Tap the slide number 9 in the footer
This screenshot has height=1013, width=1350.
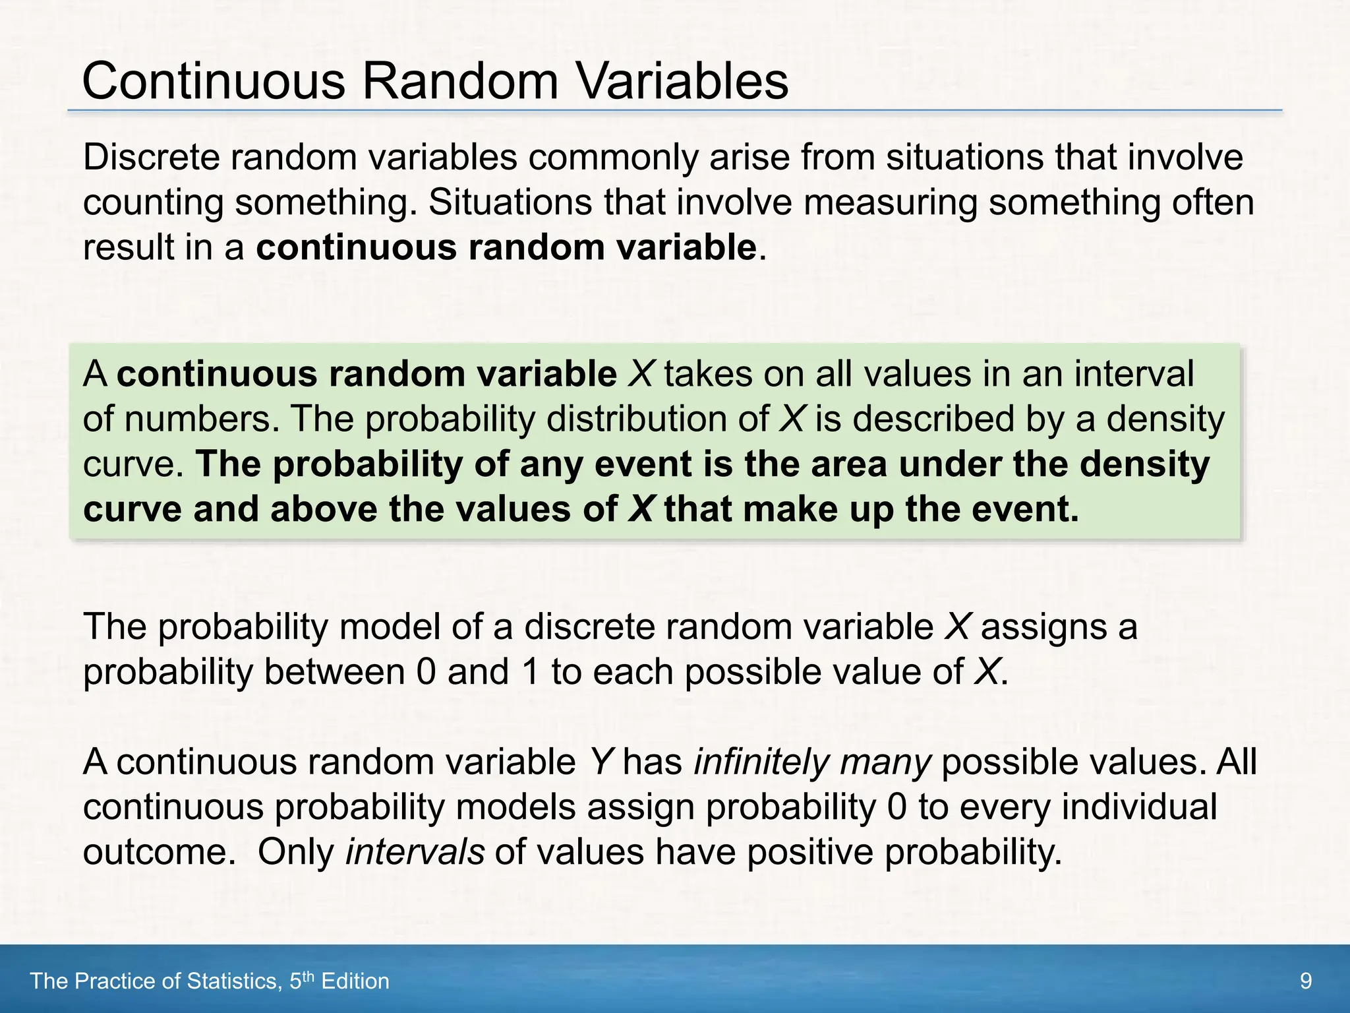[1305, 981]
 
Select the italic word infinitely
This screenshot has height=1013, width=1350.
[761, 762]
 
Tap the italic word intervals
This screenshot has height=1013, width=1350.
[415, 852]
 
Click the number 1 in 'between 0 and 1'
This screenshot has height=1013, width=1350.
[530, 672]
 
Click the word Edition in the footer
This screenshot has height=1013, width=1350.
[355, 981]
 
